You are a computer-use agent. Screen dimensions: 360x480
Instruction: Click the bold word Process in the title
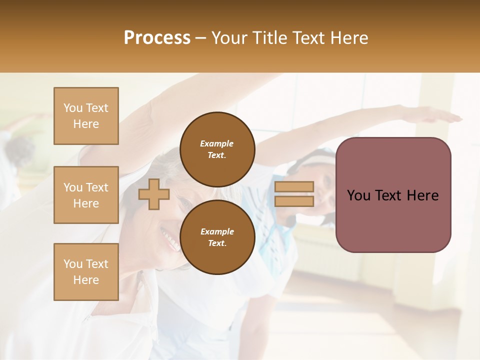click(x=157, y=38)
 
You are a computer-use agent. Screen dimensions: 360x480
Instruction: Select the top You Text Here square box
click(x=86, y=116)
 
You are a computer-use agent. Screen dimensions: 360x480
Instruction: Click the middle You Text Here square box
click(x=86, y=195)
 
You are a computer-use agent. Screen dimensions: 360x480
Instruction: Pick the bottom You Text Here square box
click(x=86, y=272)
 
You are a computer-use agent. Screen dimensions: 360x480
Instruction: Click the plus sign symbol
click(x=153, y=194)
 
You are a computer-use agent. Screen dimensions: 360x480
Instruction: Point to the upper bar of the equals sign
click(x=294, y=187)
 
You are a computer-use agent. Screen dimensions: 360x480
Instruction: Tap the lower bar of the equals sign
click(x=294, y=201)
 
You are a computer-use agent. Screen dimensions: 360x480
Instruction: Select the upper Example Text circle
click(x=217, y=149)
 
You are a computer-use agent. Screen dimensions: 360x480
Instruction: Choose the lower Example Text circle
click(x=217, y=237)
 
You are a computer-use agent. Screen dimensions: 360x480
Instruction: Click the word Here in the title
click(x=349, y=38)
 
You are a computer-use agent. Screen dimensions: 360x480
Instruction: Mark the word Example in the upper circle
click(x=217, y=143)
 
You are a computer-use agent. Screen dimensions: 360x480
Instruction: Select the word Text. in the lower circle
click(x=217, y=243)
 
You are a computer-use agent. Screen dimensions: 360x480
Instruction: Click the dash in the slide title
click(x=201, y=38)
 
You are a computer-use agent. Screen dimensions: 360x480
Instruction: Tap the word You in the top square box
click(x=73, y=108)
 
